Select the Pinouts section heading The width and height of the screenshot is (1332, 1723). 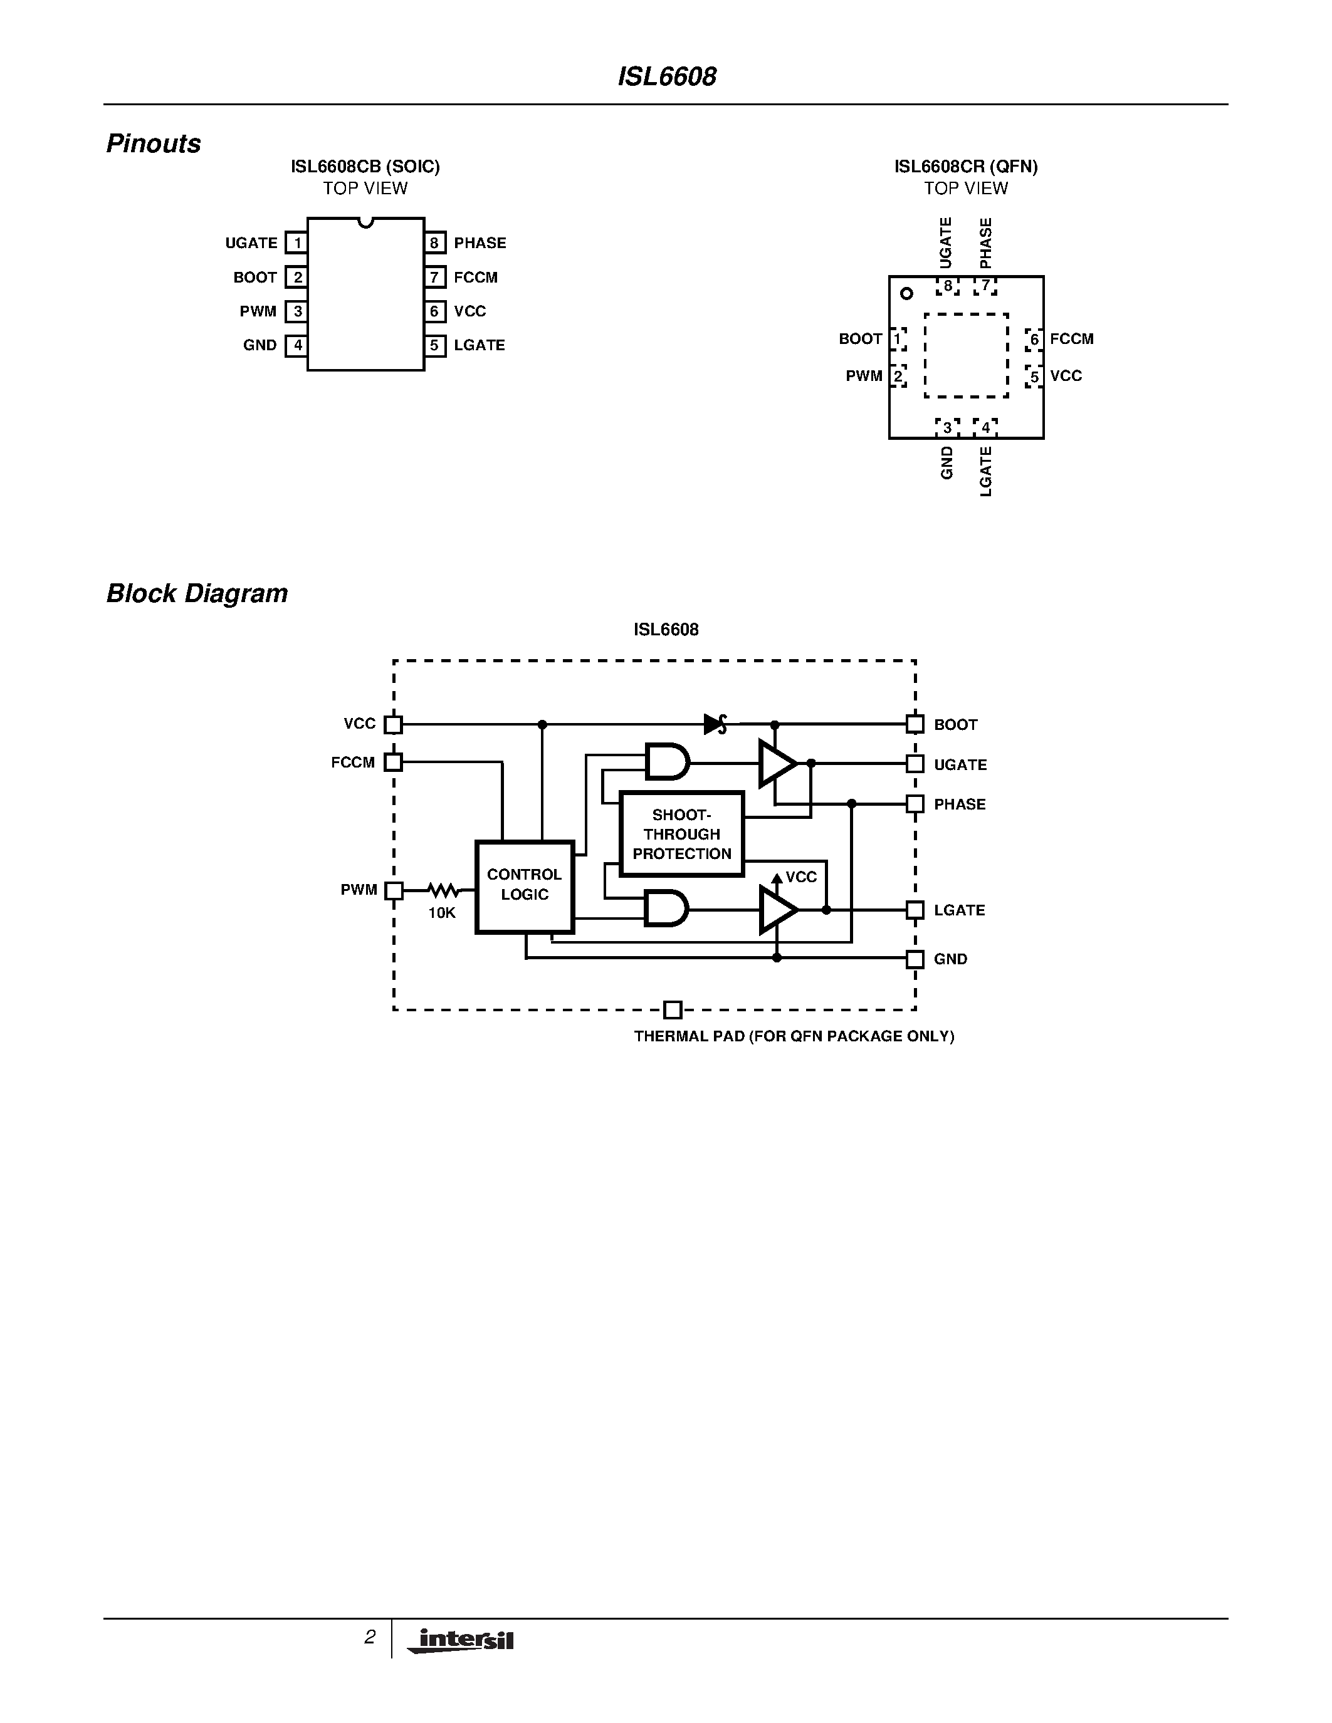153,143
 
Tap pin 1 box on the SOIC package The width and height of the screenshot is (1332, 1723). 296,242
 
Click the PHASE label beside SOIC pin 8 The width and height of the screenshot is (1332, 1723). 479,243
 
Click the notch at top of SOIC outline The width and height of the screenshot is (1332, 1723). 365,222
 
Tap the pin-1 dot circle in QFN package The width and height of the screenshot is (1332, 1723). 906,293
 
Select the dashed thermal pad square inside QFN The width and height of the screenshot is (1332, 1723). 966,356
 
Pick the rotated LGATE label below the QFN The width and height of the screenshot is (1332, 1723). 985,471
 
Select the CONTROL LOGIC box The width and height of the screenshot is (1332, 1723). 524,886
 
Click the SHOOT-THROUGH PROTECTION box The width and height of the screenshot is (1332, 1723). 682,834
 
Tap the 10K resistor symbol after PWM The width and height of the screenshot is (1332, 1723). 443,891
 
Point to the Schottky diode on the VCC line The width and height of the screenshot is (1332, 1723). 715,724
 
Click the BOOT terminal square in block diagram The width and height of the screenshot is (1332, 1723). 915,724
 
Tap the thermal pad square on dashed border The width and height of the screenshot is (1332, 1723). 673,1010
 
